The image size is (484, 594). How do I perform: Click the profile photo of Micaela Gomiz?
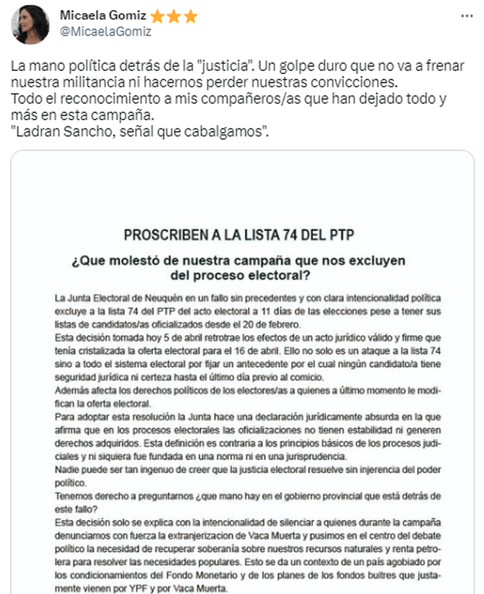[x=30, y=25]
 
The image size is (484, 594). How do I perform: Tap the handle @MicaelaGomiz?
[x=106, y=31]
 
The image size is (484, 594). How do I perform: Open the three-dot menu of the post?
[x=467, y=16]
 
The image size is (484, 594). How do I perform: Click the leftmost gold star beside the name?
[x=157, y=16]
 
